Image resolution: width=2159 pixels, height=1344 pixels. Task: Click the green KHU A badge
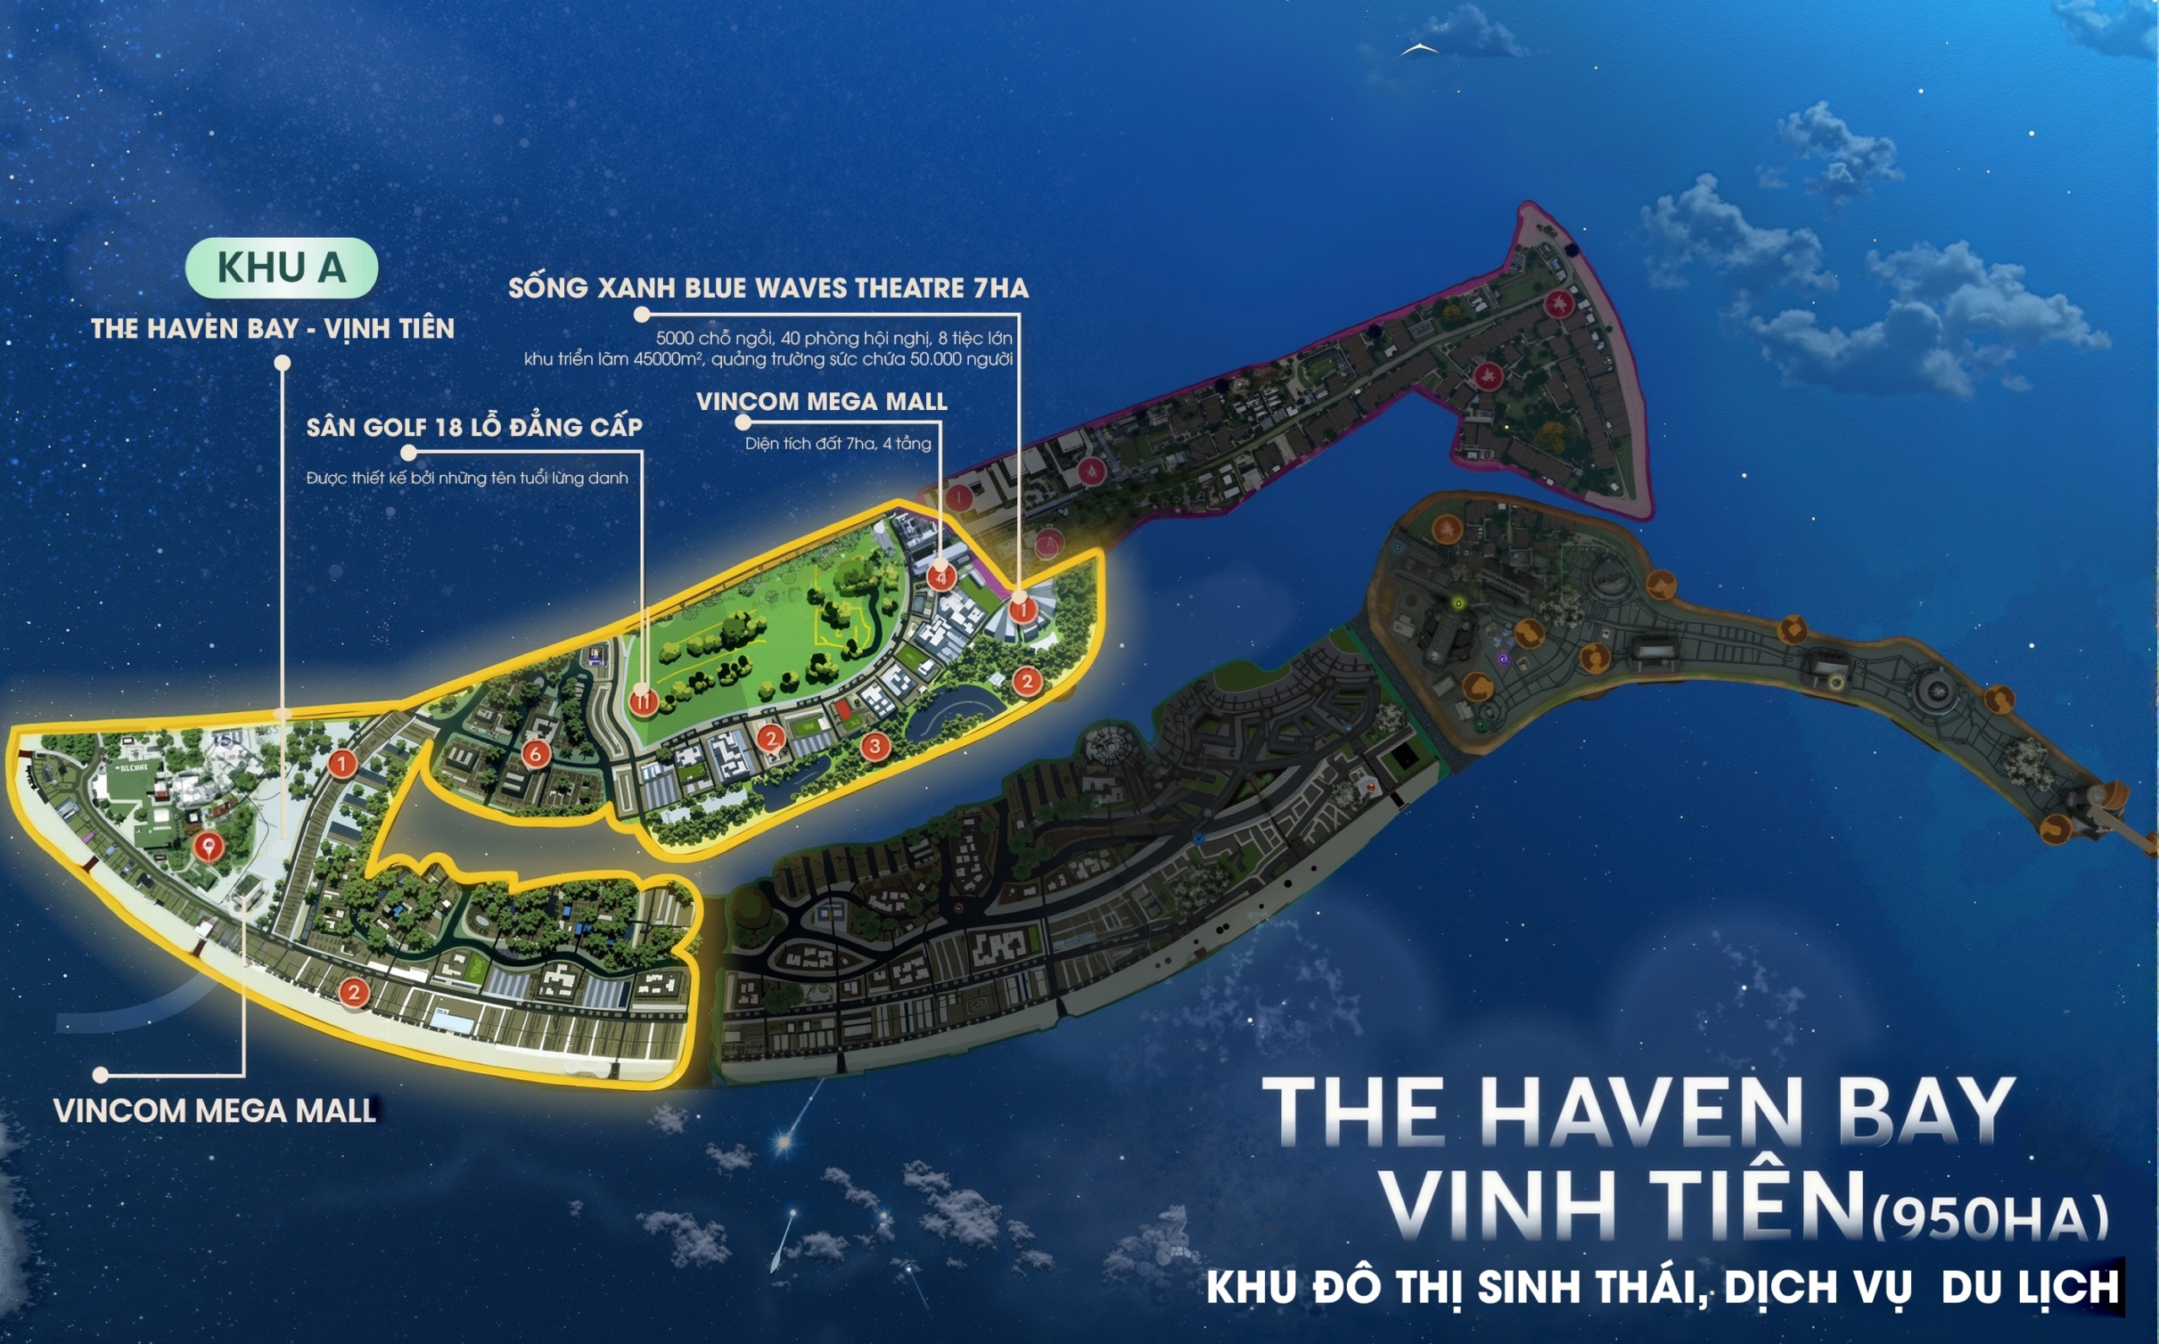(281, 267)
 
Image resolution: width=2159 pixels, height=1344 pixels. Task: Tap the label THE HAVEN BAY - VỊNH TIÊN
(272, 329)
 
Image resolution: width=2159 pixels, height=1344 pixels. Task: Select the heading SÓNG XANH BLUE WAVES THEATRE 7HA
(767, 288)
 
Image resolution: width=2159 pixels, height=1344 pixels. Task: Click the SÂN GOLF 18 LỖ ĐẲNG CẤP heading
(474, 428)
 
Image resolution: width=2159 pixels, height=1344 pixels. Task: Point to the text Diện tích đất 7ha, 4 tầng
(837, 444)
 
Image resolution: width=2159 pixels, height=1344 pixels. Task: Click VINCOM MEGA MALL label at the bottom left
(215, 1111)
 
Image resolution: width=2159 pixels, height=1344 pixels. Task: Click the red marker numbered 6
(535, 753)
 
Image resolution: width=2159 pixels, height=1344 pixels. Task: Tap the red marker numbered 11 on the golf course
(643, 701)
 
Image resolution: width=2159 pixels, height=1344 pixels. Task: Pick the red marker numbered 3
(875, 746)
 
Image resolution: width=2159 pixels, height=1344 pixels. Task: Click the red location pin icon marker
(208, 846)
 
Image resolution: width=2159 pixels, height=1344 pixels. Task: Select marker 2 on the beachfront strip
(353, 992)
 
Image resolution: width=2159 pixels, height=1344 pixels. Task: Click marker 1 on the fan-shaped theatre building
(1023, 610)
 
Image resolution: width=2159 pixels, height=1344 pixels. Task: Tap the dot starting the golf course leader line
(409, 453)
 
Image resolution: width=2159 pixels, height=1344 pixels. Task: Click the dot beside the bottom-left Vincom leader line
(100, 1076)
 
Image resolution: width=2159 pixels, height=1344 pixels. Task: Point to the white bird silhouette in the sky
(1419, 50)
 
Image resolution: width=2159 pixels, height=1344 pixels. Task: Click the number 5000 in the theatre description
(675, 338)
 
